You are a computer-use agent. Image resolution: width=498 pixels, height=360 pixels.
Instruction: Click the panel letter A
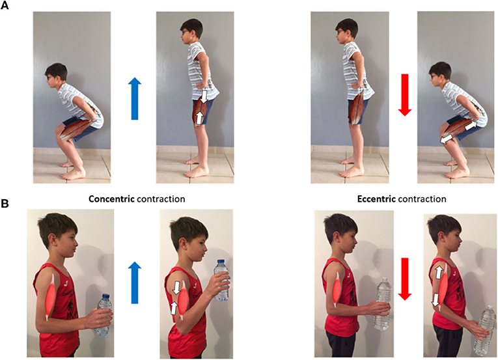pyautogui.click(x=5, y=5)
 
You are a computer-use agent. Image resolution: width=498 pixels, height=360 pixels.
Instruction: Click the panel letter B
pyautogui.click(x=5, y=204)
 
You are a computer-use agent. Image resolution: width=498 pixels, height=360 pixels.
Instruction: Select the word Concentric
pyautogui.click(x=111, y=199)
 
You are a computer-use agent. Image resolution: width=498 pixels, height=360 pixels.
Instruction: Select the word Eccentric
pyautogui.click(x=376, y=199)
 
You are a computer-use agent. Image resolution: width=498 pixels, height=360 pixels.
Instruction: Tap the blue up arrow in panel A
pyautogui.click(x=135, y=98)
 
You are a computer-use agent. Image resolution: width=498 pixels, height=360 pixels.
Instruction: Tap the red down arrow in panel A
pyautogui.click(x=405, y=94)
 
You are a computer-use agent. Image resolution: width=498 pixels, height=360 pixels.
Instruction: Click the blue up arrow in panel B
pyautogui.click(x=135, y=283)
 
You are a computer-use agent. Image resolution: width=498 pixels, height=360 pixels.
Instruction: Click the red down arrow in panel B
pyautogui.click(x=405, y=279)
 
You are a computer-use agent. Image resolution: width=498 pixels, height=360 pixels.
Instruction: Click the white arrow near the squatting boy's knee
pyautogui.click(x=447, y=139)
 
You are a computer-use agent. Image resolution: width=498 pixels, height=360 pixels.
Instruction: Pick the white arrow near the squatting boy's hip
pyautogui.click(x=471, y=125)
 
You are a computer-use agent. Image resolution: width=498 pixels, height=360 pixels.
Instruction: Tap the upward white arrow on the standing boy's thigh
pyautogui.click(x=199, y=118)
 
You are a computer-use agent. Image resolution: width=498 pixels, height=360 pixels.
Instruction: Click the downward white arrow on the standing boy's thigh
pyautogui.click(x=204, y=96)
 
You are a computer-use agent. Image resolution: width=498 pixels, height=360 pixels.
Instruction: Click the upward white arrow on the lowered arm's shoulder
pyautogui.click(x=439, y=273)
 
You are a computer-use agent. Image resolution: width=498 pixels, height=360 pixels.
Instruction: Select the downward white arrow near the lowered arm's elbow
pyautogui.click(x=436, y=300)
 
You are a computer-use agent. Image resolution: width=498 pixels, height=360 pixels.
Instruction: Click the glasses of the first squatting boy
pyautogui.click(x=50, y=77)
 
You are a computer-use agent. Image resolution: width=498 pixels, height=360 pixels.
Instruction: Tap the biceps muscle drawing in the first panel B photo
pyautogui.click(x=51, y=296)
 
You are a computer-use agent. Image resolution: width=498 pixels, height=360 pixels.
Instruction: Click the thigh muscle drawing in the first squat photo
pyautogui.click(x=76, y=129)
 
